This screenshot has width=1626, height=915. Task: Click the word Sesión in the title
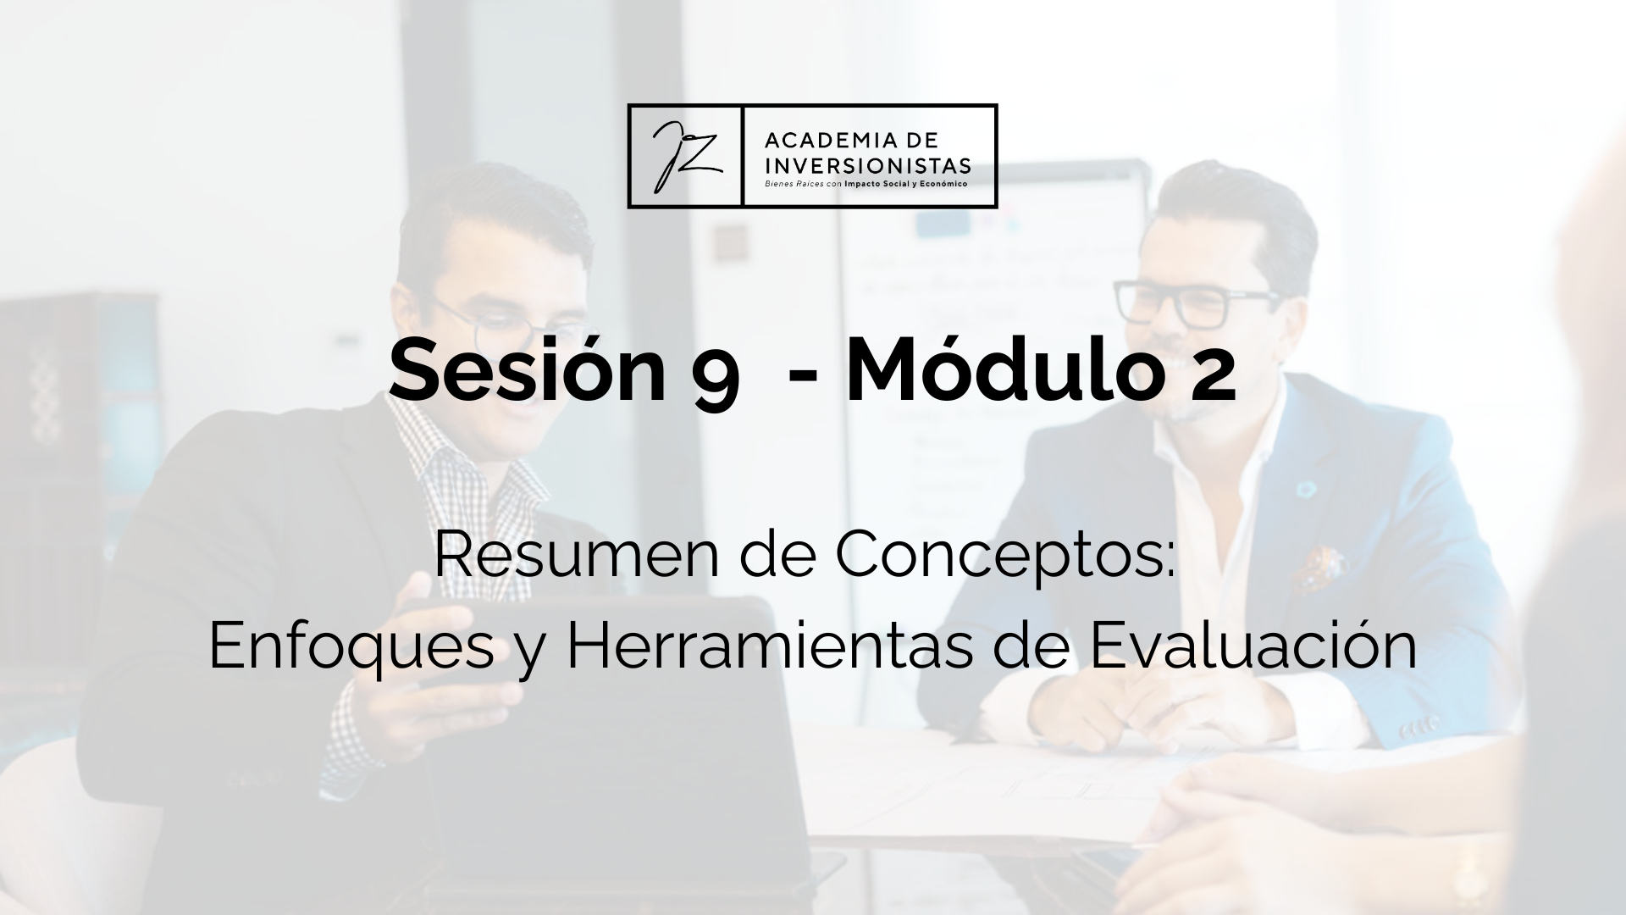528,370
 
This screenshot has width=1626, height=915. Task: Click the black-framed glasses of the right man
1195,302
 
